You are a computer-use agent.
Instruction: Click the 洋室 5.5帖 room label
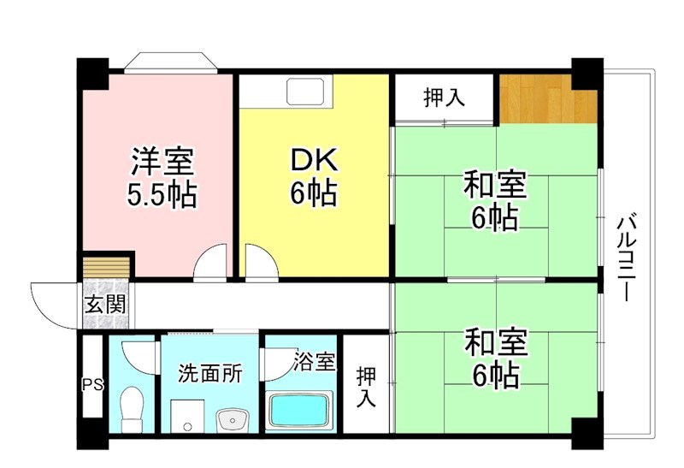(162, 178)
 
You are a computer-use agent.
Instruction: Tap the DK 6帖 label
(313, 178)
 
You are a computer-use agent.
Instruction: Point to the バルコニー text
(628, 258)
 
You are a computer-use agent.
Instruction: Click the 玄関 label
(106, 303)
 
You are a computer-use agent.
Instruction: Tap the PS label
(91, 384)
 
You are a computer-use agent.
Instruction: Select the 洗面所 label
(209, 374)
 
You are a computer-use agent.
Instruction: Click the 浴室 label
(314, 361)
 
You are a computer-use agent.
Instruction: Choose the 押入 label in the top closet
(444, 98)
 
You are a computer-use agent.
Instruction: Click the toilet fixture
(132, 409)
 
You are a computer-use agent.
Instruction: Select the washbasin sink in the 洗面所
(233, 420)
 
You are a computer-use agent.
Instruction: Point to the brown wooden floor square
(547, 99)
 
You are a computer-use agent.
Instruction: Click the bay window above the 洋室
(168, 64)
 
